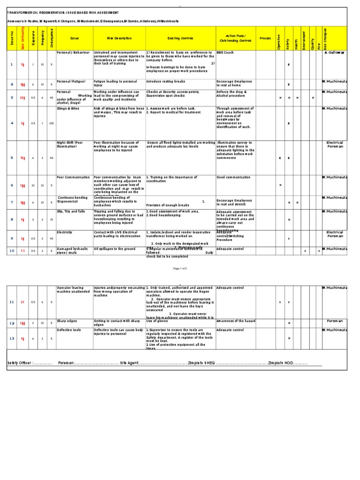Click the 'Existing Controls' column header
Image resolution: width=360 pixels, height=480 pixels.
pos(180,38)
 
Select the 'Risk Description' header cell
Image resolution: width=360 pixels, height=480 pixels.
pos(120,38)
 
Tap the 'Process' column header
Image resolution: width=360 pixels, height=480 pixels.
pos(265,38)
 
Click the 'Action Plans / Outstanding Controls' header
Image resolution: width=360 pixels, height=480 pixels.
pos(232,38)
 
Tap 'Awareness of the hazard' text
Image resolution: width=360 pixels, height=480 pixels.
pos(237,321)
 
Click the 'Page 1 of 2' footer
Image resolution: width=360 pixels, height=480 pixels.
pos(180,269)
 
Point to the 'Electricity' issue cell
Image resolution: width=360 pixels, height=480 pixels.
pos(65,232)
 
